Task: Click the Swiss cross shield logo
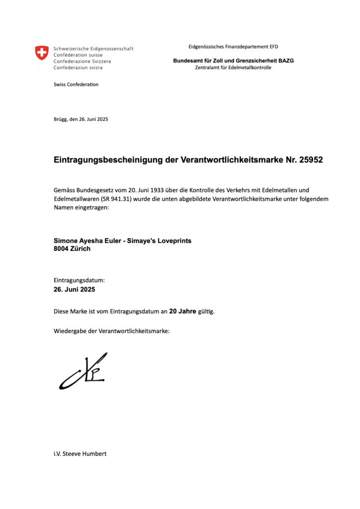tap(42, 53)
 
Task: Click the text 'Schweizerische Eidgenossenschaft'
tap(93, 49)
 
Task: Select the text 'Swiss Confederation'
tap(76, 85)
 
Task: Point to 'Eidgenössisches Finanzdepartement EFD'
tap(233, 47)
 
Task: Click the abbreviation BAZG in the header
tap(286, 61)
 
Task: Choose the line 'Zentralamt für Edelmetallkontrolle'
tap(233, 68)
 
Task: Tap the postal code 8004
tap(62, 249)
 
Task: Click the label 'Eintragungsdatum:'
tap(79, 280)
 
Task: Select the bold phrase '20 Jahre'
tap(182, 312)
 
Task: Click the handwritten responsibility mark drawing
tap(84, 371)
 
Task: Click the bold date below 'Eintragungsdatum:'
tap(74, 289)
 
